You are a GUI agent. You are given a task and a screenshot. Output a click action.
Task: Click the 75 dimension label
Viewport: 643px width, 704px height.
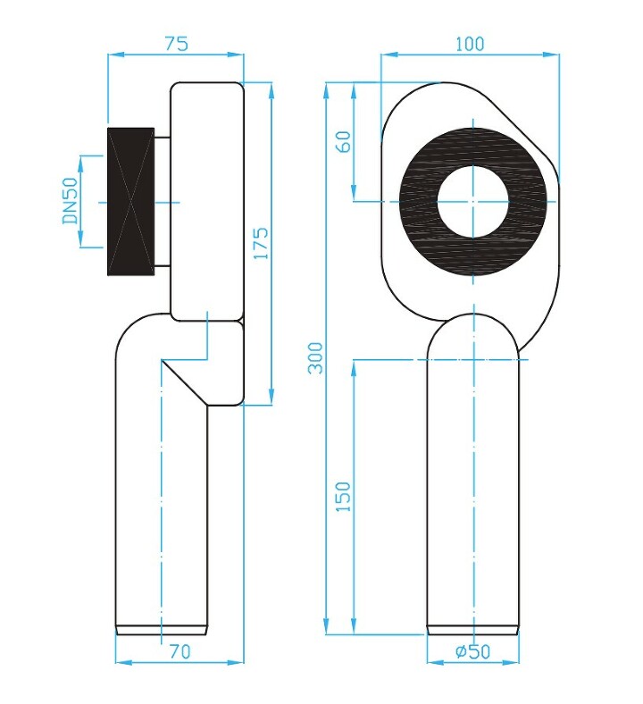[176, 44]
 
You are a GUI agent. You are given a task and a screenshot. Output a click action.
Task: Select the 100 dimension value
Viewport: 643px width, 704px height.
[470, 44]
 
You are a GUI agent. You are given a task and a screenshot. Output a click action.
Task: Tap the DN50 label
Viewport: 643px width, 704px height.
[71, 200]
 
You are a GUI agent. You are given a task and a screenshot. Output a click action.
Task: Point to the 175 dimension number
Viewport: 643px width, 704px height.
[261, 243]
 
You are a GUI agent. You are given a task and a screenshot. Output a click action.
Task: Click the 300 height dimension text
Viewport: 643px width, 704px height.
[315, 358]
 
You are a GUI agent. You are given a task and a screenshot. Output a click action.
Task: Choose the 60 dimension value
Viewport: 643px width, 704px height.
[345, 141]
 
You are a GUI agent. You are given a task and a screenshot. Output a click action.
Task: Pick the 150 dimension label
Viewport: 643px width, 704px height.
[343, 497]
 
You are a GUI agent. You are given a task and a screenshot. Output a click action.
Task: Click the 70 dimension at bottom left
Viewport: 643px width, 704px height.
[180, 651]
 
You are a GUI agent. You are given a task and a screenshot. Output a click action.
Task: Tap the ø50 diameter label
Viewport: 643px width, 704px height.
[473, 651]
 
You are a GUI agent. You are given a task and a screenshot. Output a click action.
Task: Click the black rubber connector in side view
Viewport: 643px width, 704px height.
[131, 201]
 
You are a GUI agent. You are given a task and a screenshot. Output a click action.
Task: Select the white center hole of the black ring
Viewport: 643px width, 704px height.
[473, 202]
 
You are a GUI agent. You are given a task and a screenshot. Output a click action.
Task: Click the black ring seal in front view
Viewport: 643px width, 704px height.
[417, 202]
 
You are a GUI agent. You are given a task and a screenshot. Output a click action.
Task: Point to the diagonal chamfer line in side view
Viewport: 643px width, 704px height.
[185, 381]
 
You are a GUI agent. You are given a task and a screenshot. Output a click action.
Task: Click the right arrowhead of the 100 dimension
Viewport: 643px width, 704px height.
[552, 54]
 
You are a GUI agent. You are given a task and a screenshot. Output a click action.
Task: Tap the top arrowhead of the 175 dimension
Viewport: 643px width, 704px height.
[271, 91]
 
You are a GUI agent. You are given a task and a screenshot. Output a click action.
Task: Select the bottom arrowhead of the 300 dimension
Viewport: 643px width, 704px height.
[326, 626]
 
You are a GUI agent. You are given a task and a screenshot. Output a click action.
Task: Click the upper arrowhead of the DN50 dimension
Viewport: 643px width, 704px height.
[80, 163]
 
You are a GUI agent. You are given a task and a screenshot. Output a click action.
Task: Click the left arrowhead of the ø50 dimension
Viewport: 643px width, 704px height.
[435, 662]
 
